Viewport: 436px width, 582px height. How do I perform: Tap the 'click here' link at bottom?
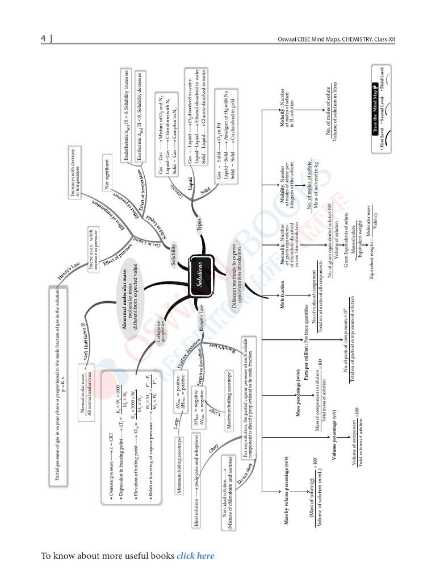click(195, 555)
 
